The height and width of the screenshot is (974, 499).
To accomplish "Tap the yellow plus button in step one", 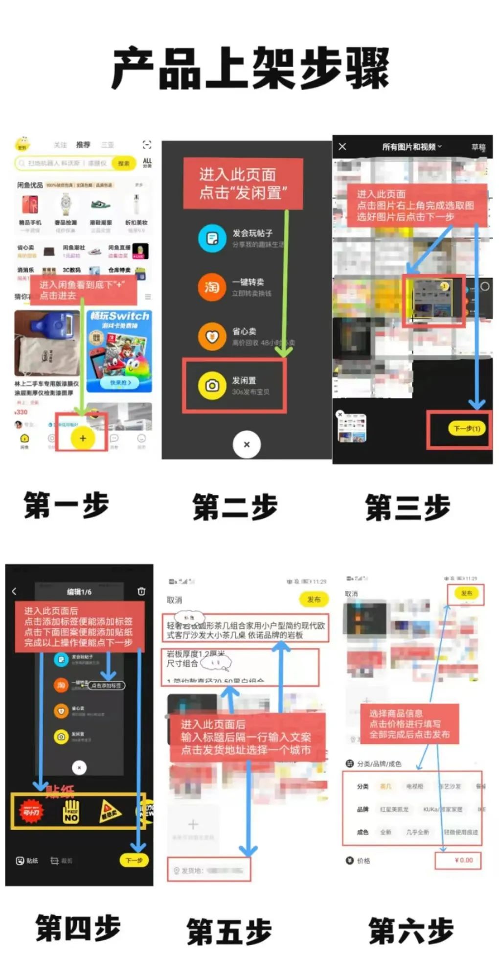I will [x=83, y=438].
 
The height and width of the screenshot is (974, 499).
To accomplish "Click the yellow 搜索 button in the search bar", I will [x=124, y=163].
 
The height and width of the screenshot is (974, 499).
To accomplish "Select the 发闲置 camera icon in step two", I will [x=211, y=386].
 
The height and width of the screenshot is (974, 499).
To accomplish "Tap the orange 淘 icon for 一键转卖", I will [x=211, y=287].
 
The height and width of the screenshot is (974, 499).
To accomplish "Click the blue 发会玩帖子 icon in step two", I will [x=211, y=238].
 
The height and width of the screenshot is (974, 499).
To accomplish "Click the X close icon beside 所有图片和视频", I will [x=342, y=146].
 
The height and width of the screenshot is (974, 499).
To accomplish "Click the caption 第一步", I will [x=66, y=505].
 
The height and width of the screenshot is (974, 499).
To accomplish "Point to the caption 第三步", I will [x=408, y=507].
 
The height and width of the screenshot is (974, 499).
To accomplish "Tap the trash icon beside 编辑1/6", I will [x=141, y=591].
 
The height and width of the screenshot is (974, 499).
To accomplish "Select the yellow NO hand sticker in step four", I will [x=71, y=811].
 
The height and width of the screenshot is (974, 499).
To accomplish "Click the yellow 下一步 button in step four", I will [x=134, y=860].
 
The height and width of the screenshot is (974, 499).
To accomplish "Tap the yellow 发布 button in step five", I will [x=314, y=599].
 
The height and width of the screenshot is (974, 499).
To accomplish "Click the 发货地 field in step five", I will [x=209, y=870].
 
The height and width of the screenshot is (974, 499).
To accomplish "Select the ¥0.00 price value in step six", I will [x=463, y=860].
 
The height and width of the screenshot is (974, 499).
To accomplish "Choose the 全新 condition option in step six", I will [x=386, y=832].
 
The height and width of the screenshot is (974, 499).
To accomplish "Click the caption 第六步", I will [x=411, y=930].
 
